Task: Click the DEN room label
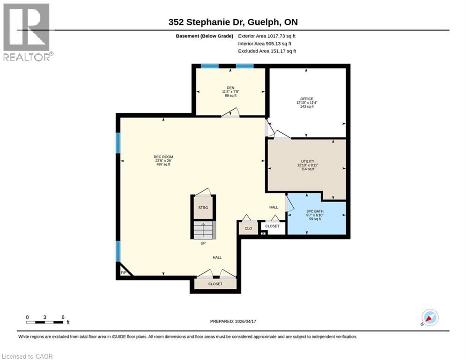230,88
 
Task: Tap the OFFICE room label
307,99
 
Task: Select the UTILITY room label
308,161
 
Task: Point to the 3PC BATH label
315,211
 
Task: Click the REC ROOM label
163,157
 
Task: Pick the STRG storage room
203,207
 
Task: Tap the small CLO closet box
248,228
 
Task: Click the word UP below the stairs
203,243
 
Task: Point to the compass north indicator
430,318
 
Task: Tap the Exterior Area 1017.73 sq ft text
266,36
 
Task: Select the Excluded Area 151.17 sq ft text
267,51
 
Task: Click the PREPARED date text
233,321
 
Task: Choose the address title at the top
233,22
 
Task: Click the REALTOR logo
28,32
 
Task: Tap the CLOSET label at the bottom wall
215,284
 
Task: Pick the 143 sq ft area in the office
307,106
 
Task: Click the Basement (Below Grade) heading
205,36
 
